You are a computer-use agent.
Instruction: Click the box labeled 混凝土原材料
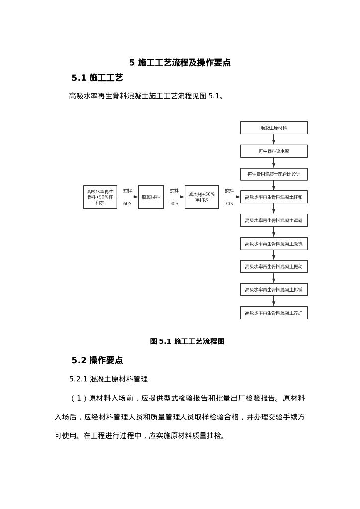(273, 128)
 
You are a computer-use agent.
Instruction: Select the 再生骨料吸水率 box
(273, 151)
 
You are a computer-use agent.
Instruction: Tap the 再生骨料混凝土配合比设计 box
(273, 174)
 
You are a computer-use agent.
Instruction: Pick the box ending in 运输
(273, 220)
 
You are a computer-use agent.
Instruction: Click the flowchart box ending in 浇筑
(273, 244)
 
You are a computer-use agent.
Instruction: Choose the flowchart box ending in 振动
(273, 267)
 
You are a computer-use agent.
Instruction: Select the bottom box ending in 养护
(273, 313)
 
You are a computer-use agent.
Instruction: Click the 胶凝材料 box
(151, 197)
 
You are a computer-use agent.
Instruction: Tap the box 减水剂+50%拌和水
(201, 197)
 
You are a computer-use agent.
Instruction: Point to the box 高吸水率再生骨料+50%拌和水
(100, 197)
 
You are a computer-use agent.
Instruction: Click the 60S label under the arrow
(127, 204)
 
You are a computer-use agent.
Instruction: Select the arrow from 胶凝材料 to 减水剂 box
(174, 197)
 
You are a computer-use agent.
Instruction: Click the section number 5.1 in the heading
(79, 78)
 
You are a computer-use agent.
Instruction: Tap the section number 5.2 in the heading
(79, 360)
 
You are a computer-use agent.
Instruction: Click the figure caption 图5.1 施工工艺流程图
(187, 341)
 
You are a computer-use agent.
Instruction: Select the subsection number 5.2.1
(78, 379)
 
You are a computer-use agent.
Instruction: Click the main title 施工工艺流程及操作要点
(184, 63)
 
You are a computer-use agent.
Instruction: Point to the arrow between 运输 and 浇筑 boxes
(273, 232)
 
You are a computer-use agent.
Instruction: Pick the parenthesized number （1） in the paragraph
(79, 398)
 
